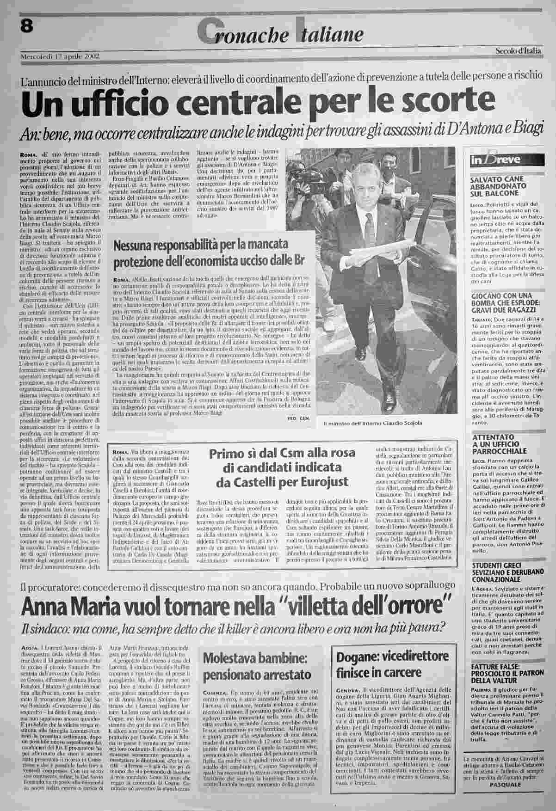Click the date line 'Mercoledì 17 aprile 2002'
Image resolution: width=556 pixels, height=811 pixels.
click(x=60, y=57)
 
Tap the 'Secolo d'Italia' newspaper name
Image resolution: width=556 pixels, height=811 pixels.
click(x=517, y=51)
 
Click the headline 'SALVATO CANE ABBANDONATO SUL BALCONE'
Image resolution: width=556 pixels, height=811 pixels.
click(x=497, y=186)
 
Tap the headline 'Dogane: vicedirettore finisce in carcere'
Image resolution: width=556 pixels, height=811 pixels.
click(x=392, y=664)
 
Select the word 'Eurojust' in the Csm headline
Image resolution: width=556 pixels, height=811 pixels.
click(x=322, y=483)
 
